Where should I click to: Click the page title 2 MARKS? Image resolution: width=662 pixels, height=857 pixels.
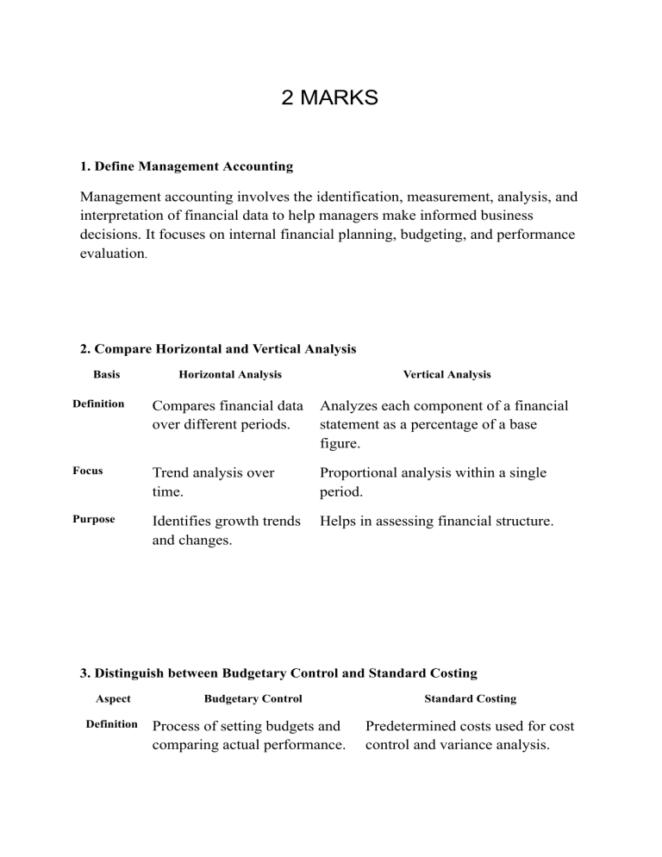(329, 97)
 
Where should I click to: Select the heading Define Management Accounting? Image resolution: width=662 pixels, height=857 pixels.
(186, 166)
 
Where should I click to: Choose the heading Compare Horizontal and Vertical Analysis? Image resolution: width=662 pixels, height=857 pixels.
(218, 349)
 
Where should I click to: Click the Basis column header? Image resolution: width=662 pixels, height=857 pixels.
(107, 374)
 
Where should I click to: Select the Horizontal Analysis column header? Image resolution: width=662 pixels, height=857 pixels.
(230, 374)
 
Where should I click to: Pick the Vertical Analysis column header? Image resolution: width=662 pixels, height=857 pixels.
(447, 374)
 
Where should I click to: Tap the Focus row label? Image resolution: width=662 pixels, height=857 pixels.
(89, 471)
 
